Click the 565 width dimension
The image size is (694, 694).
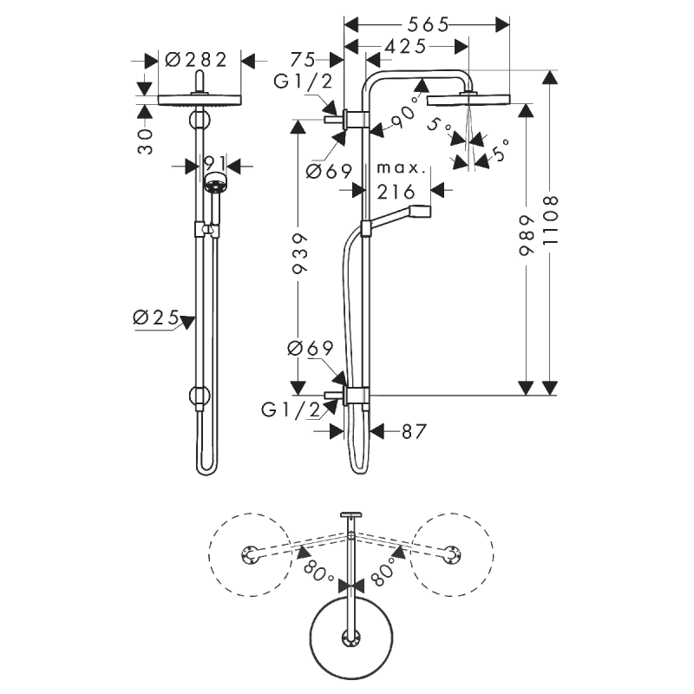428,25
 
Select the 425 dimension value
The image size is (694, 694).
405,46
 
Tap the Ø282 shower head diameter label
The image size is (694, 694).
196,60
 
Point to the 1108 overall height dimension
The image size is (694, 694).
550,220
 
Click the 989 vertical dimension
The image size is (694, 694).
526,235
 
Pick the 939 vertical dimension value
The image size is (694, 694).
299,253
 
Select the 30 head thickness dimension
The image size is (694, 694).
146,141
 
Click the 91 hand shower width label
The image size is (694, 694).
215,163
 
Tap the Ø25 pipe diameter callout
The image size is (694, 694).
156,318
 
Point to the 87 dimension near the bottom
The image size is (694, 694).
414,431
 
